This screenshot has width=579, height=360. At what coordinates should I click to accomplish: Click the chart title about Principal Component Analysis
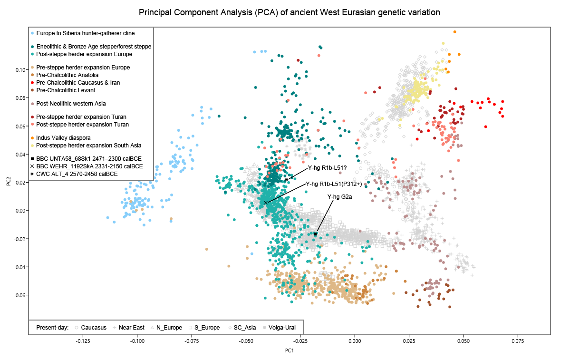click(289, 12)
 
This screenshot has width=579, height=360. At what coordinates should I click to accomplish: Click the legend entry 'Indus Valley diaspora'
click(63, 138)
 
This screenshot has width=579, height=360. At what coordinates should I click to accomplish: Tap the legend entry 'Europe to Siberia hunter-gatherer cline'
click(86, 33)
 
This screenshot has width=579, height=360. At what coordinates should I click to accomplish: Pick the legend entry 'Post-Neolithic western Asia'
click(71, 104)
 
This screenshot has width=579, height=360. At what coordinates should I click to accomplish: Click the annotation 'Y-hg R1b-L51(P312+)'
click(334, 184)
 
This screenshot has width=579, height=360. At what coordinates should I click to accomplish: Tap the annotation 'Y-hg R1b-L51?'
click(328, 167)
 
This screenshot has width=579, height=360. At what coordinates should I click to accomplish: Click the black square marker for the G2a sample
click(315, 234)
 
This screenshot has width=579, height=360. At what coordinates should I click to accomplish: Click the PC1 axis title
click(289, 351)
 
